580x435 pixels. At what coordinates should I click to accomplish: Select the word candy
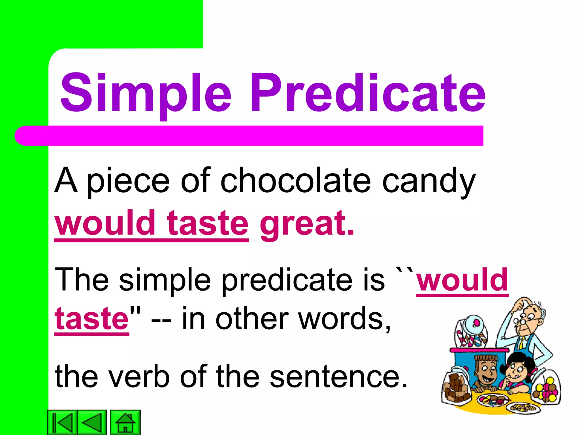[x=429, y=181]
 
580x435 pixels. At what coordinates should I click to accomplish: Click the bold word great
[x=307, y=224]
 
